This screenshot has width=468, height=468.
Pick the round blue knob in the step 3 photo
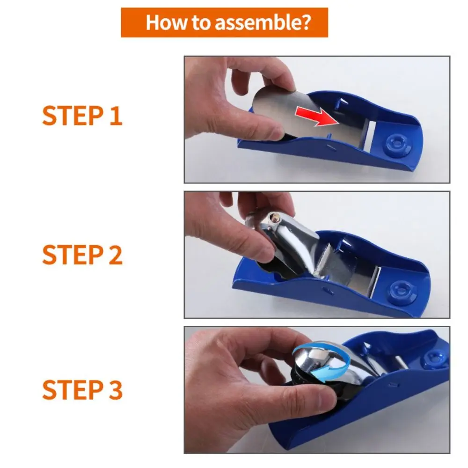click(x=431, y=359)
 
